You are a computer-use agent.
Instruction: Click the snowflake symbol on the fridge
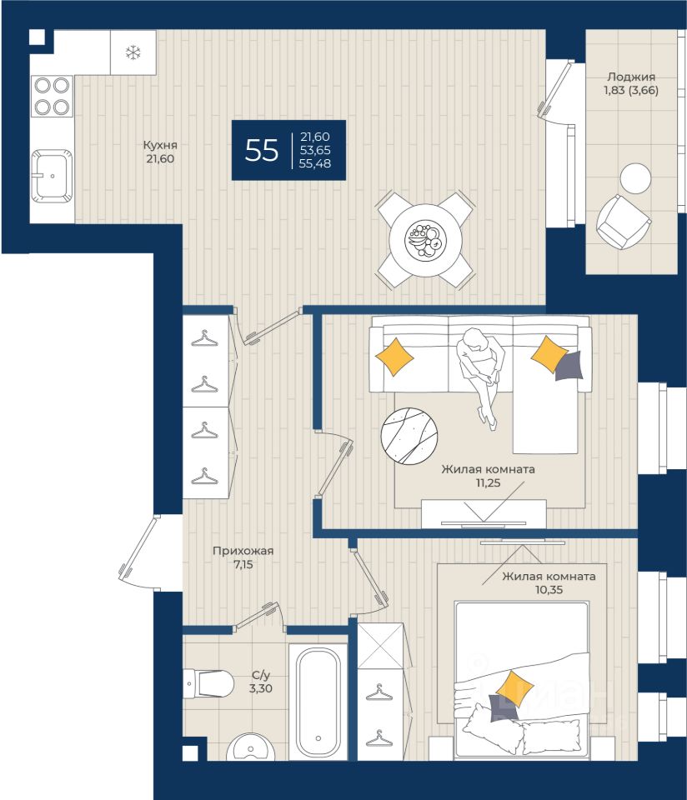tap(133, 52)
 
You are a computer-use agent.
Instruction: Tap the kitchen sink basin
tap(51, 176)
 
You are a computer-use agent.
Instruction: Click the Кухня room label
tap(160, 145)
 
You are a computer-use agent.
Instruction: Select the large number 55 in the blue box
tap(262, 150)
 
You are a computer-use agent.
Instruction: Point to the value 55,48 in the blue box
tap(315, 164)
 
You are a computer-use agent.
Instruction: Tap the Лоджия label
tap(631, 77)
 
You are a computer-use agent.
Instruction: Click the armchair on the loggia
tap(623, 222)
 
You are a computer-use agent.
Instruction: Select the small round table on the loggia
tap(635, 178)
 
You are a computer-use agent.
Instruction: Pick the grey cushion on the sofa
tap(569, 366)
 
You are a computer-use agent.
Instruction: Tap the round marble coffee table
tap(409, 436)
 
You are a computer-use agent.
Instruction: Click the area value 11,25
tap(489, 482)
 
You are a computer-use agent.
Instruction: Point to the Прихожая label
tap(243, 551)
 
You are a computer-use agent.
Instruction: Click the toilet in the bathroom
tap(209, 683)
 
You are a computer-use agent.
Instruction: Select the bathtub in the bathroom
tap(318, 702)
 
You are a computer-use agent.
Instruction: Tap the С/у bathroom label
tap(260, 675)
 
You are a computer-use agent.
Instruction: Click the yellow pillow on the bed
tap(514, 688)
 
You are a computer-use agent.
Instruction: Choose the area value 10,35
tap(549, 590)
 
